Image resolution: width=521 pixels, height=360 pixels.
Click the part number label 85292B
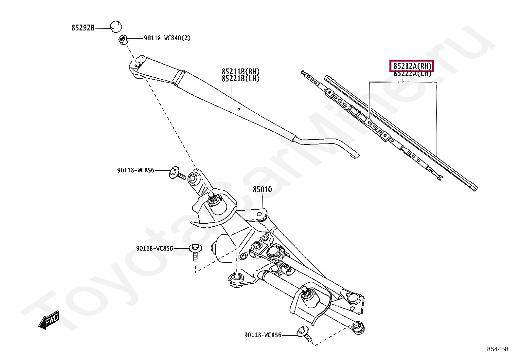[83, 28]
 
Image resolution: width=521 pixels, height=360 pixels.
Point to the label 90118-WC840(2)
[167, 38]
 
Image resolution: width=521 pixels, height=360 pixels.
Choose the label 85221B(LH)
[241, 79]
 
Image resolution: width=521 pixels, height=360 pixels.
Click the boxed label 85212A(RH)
[411, 66]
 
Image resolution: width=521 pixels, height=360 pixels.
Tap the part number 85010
[262, 189]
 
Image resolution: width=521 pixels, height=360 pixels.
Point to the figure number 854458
[497, 349]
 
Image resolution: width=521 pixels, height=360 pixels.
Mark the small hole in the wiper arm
[239, 109]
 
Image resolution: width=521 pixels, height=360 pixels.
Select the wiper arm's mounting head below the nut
[137, 67]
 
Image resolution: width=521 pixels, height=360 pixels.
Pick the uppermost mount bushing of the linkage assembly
[193, 179]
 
